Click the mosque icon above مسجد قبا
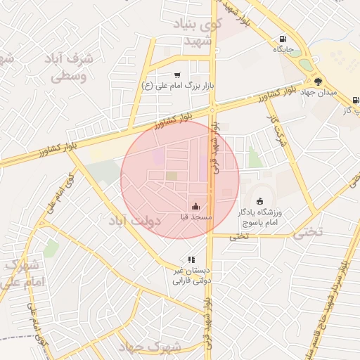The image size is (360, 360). point(195,207)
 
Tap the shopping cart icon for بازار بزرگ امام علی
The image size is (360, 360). point(176,75)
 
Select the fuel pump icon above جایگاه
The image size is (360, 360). point(283,39)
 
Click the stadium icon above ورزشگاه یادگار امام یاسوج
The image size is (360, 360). point(260,202)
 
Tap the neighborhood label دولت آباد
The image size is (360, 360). point(134,221)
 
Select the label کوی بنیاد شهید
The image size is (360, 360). point(201,33)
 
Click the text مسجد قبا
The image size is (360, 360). point(195,219)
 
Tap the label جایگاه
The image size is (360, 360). point(288,50)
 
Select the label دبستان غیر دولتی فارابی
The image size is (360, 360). point(193,275)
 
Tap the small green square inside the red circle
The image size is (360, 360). point(172,176)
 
